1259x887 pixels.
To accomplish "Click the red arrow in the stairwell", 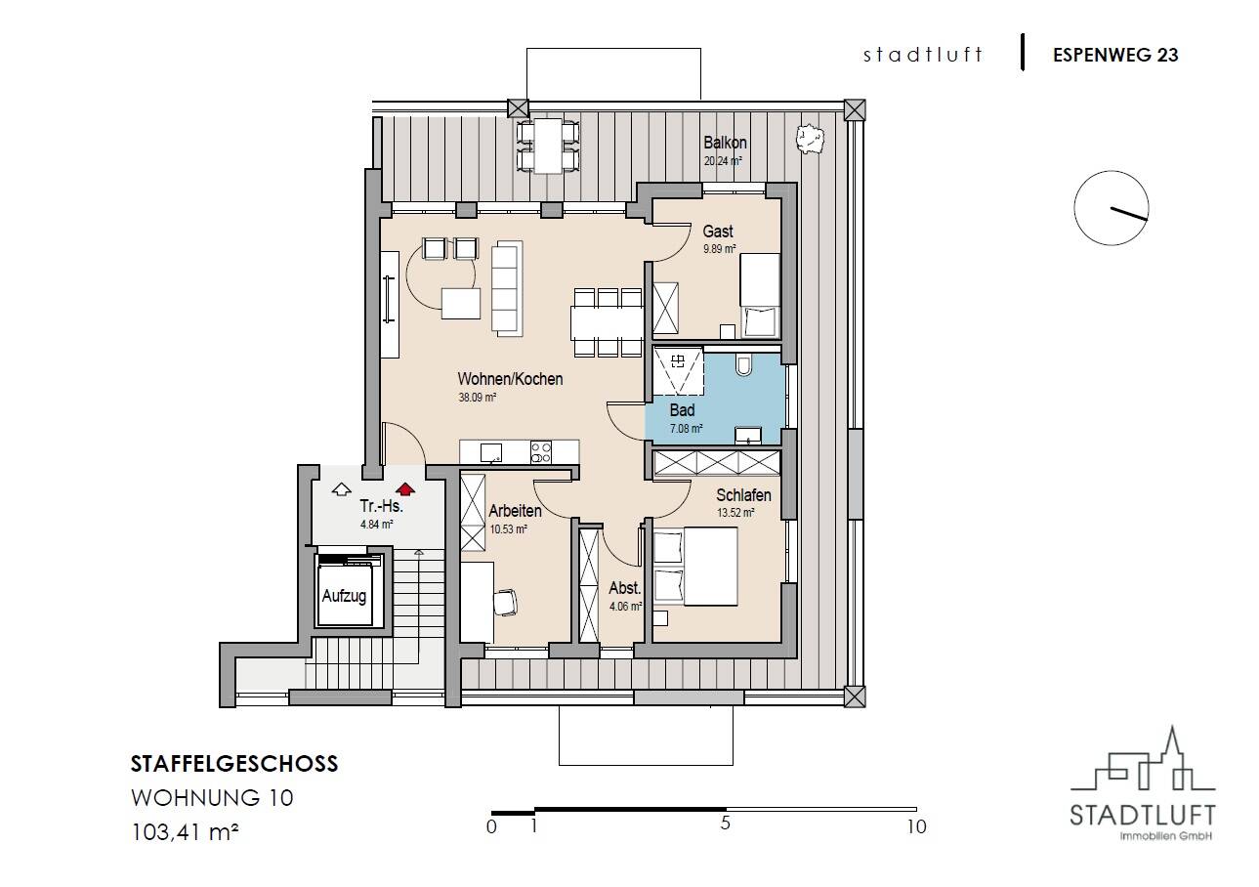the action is [404, 489].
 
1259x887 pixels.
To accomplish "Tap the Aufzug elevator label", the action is [344, 596].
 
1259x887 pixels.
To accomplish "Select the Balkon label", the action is [725, 143].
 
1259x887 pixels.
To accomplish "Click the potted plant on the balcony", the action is [810, 140].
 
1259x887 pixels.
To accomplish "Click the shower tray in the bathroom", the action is [678, 372].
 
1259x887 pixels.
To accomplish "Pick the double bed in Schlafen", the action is [695, 566].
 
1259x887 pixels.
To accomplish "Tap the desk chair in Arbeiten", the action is [505, 602].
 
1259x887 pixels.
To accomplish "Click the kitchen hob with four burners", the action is [541, 452].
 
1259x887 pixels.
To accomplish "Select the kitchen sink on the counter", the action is [491, 452].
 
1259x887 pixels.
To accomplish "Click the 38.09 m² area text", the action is [478, 398].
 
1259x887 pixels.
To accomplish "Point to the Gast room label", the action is [718, 231].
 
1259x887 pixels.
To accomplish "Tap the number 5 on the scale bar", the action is [726, 824].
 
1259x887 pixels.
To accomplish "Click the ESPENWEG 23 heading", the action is [1115, 55].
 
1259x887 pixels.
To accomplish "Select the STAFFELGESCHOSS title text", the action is [234, 764].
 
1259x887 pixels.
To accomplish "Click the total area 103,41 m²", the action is [185, 832].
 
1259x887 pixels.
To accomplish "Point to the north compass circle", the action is [1112, 208].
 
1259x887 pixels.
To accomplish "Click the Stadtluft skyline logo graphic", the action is [1143, 766].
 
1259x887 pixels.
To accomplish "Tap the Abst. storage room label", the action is [624, 588].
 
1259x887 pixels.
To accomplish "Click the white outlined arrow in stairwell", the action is [341, 489].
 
